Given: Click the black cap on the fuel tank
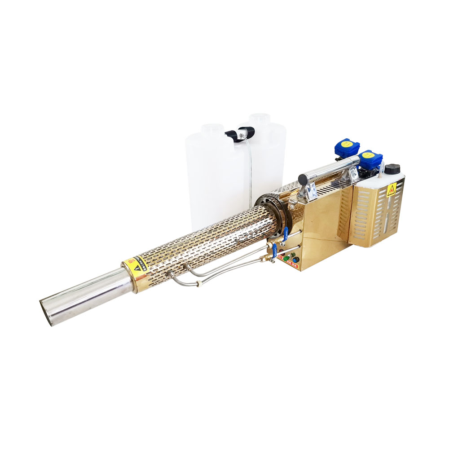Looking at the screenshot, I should tap(392, 169).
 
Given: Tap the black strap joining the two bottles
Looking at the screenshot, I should tap(239, 133).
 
